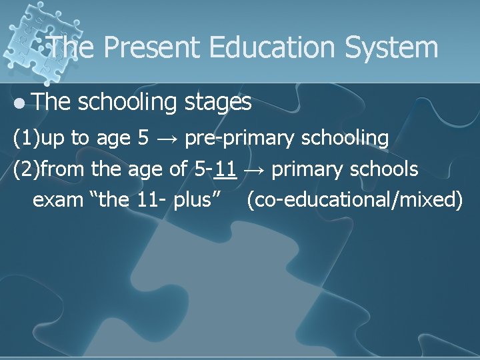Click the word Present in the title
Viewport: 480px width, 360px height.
(x=153, y=48)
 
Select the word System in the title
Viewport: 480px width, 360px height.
(x=398, y=48)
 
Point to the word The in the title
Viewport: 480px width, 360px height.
(x=73, y=48)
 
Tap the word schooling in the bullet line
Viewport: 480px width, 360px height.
(x=125, y=102)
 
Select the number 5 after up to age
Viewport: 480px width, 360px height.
(x=143, y=138)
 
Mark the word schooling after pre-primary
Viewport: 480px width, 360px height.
(x=346, y=139)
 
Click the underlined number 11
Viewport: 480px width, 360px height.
(x=227, y=169)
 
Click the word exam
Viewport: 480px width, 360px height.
(x=58, y=199)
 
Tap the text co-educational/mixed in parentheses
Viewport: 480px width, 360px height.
(x=354, y=199)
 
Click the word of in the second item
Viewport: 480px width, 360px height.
(x=178, y=169)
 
